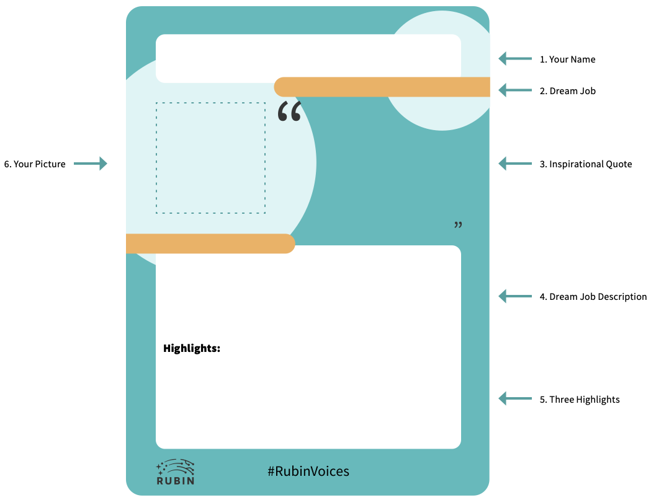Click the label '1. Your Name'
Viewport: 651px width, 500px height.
567,59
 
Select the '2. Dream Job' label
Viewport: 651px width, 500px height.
567,91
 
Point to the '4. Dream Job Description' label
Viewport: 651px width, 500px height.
593,297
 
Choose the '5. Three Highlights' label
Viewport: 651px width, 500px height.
579,400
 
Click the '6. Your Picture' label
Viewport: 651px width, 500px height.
35,164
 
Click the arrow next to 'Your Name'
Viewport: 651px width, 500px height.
515,59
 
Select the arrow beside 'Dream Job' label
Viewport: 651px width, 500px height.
515,90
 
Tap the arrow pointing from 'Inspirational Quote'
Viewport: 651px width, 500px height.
515,164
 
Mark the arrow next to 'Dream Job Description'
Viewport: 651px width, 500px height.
515,296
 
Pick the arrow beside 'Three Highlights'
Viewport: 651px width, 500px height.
515,398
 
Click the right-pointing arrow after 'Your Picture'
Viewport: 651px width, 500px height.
91,164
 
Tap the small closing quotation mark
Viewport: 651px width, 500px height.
459,225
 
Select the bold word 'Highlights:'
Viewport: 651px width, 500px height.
192,348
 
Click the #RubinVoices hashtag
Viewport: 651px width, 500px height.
308,471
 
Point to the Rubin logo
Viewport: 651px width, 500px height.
176,472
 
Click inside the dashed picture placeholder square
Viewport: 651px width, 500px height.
210,158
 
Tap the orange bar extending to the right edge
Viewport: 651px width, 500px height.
382,87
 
